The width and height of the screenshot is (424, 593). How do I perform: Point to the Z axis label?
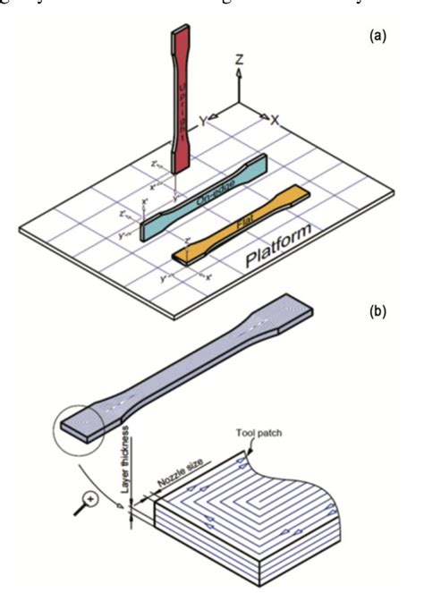pyautogui.click(x=240, y=61)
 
